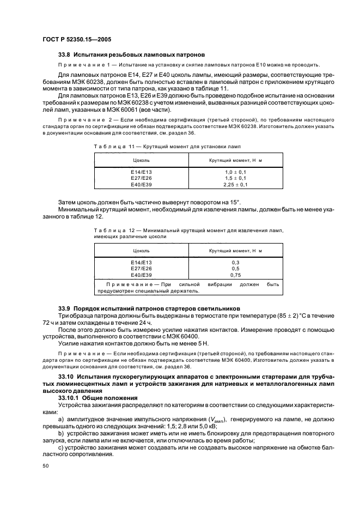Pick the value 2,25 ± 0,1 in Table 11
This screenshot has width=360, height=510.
point(236,185)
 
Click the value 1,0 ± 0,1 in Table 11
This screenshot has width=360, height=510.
point(236,172)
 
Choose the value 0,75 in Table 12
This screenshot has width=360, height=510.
point(236,275)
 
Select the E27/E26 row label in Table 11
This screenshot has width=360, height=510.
point(142,178)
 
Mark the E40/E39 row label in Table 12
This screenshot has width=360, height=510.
point(142,275)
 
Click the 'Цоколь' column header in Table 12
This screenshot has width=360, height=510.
point(142,251)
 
